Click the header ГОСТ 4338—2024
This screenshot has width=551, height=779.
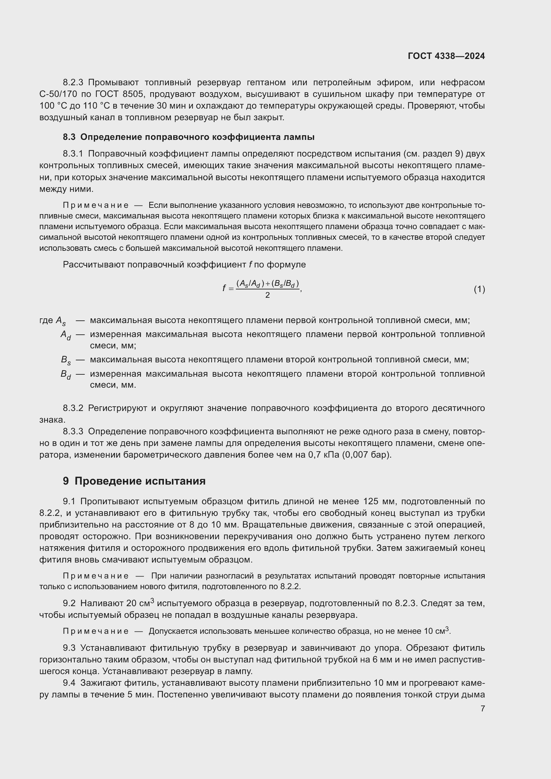[446, 56]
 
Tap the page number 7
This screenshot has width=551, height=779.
[482, 708]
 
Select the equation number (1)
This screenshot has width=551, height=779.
[479, 289]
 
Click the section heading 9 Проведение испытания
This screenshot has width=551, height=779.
[134, 481]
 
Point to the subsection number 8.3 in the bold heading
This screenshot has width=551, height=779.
[69, 137]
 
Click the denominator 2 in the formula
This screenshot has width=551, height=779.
[268, 295]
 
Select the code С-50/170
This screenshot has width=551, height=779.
[58, 94]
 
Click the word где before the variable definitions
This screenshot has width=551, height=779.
[46, 320]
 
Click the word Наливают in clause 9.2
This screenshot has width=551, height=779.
[102, 603]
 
